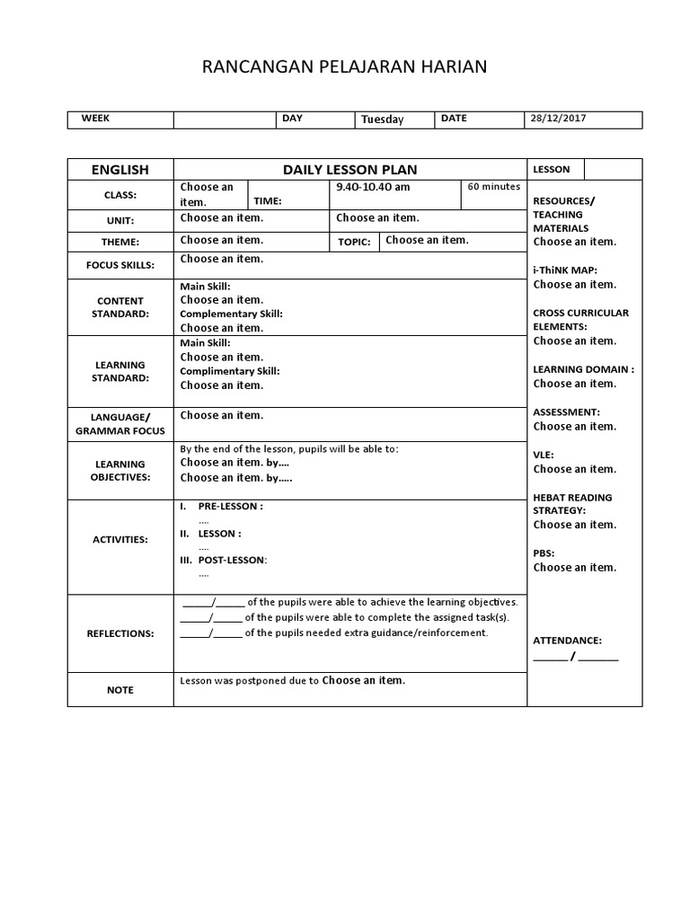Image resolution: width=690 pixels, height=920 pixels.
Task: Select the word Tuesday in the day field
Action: (383, 119)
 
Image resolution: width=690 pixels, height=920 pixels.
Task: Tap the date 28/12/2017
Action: (557, 119)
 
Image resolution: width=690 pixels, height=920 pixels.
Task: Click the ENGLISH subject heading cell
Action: (120, 169)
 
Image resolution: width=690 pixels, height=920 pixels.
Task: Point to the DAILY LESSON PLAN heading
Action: (349, 169)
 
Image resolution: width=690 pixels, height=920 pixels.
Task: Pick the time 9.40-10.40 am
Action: (373, 187)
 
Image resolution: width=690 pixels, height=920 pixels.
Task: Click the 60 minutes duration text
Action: (494, 187)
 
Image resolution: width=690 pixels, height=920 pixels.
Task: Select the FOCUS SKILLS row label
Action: (120, 265)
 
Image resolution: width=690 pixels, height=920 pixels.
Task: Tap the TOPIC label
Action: (354, 242)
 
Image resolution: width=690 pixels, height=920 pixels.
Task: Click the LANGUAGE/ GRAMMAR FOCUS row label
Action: (120, 423)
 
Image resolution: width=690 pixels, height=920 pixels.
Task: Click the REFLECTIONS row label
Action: (120, 633)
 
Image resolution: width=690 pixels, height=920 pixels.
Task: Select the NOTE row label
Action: (120, 690)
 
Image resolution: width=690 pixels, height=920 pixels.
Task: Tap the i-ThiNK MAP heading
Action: (565, 270)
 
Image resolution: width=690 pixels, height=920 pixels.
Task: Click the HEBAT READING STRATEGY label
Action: (572, 503)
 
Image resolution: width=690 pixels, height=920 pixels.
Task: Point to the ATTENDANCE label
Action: (568, 641)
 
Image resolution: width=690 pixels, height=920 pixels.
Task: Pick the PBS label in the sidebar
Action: (544, 553)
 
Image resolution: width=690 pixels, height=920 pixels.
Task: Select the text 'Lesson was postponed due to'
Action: (249, 681)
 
